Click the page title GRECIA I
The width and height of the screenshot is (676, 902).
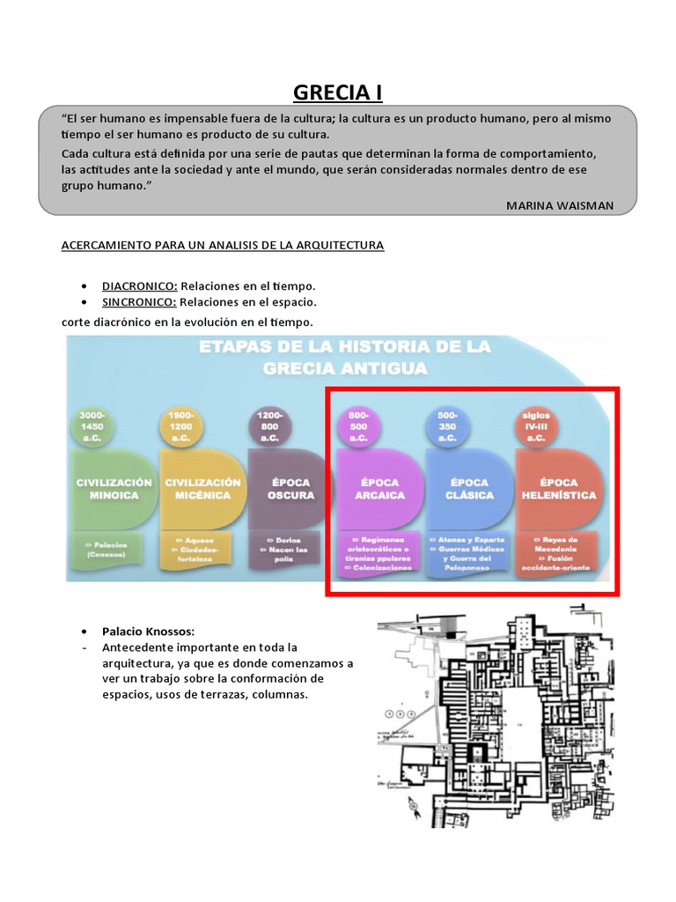click(x=337, y=93)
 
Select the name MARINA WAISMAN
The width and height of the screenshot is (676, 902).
click(x=559, y=205)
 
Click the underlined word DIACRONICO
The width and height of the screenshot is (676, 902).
click(x=139, y=286)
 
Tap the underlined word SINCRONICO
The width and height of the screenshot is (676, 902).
click(x=139, y=303)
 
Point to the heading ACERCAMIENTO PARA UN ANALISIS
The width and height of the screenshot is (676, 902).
click(x=222, y=245)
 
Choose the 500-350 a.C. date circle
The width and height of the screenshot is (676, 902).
click(x=447, y=426)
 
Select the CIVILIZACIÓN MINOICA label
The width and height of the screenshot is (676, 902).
click(x=114, y=489)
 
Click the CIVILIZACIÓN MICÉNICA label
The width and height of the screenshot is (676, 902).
click(x=202, y=489)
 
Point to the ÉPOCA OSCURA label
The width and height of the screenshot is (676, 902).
click(x=290, y=489)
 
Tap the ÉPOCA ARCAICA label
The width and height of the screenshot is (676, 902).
click(x=379, y=489)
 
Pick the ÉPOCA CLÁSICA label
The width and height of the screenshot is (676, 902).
click(x=468, y=489)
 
